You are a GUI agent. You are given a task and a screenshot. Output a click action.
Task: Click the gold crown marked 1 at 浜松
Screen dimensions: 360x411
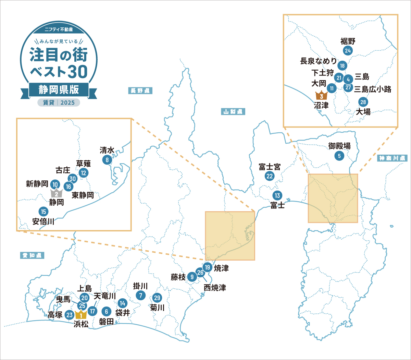coord(81,314)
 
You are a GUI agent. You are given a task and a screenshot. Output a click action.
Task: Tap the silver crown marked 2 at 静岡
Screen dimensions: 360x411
coord(56,193)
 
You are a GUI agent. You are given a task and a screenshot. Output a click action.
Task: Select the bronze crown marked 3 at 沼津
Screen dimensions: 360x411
coord(321,96)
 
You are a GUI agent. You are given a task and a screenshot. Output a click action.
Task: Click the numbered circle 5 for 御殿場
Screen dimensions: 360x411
coord(339,156)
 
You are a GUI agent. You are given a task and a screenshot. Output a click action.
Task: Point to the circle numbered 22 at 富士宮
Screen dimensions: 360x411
coord(270,176)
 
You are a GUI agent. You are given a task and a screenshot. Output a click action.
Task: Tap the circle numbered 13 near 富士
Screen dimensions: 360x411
coord(277,196)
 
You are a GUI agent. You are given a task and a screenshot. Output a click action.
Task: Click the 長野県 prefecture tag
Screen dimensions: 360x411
coord(140,91)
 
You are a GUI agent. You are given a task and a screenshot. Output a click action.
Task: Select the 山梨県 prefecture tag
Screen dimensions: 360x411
coord(233,112)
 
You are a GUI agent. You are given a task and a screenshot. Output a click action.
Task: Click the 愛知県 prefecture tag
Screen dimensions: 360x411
coord(32,255)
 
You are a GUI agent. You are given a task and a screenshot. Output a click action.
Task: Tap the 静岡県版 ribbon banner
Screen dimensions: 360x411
coord(59,90)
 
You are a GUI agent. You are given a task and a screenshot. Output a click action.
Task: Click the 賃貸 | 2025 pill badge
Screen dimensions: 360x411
coord(59,103)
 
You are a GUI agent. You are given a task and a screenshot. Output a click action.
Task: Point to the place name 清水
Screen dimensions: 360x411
coord(107,150)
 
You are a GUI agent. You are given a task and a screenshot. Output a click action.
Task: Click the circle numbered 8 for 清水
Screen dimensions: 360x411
coord(107,160)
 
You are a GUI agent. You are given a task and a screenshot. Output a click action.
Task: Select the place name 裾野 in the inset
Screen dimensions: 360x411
coord(348,41)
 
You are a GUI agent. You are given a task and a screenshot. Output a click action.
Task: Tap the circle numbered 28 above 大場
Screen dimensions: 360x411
coord(363,102)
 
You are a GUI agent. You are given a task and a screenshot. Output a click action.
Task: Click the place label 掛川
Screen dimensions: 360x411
coord(140,286)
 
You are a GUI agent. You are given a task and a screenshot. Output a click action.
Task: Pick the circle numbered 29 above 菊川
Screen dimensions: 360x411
coord(157,298)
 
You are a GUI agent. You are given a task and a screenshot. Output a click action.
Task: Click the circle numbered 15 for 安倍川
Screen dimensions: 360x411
coord(43,212)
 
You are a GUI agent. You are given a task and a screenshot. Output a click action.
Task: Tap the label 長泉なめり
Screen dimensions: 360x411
coord(318,61)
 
